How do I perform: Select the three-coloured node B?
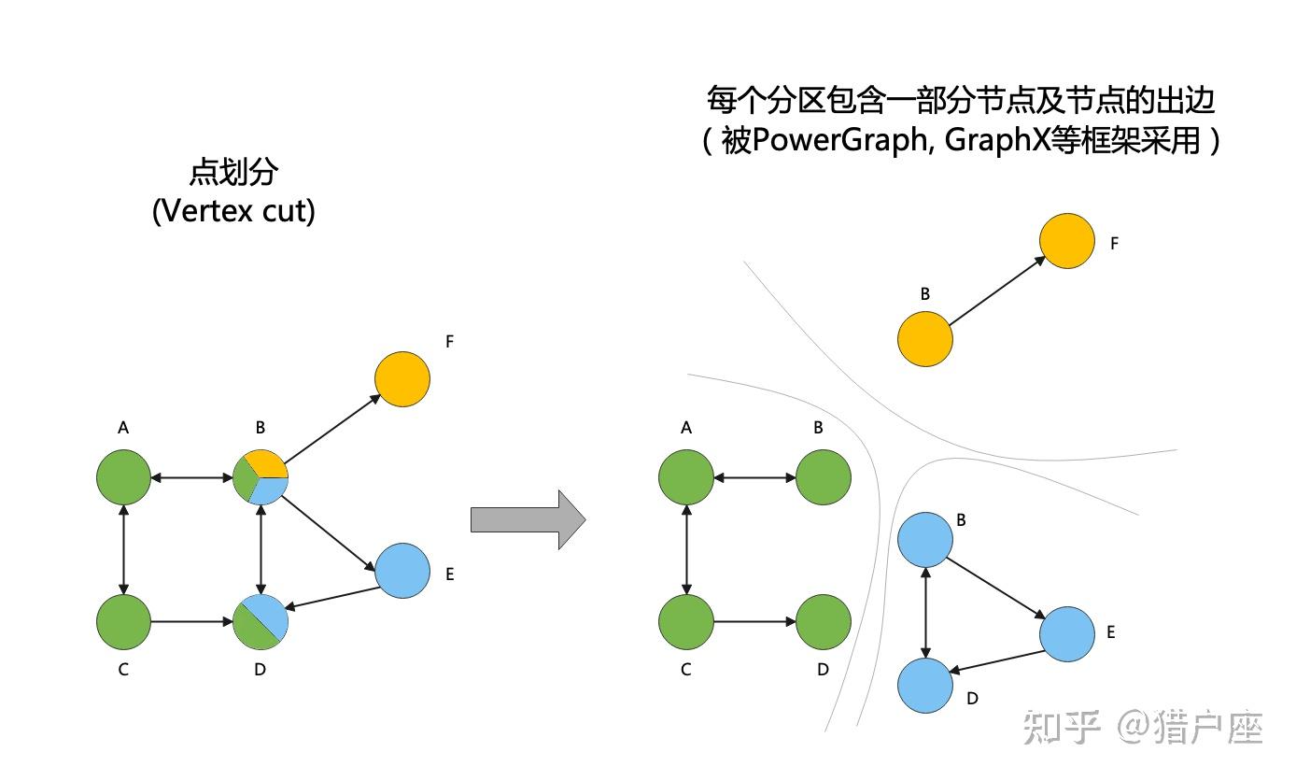[261, 477]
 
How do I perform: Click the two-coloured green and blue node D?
[261, 621]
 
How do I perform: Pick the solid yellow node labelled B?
[924, 338]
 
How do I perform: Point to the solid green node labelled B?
[823, 477]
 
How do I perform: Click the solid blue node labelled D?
[924, 685]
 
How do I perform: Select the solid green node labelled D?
[823, 621]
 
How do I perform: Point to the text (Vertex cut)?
[233, 211]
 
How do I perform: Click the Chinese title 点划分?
[233, 173]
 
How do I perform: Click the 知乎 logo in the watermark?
[1063, 727]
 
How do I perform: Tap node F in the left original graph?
[401, 379]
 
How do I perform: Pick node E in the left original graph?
[401, 571]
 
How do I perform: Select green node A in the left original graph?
[123, 477]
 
